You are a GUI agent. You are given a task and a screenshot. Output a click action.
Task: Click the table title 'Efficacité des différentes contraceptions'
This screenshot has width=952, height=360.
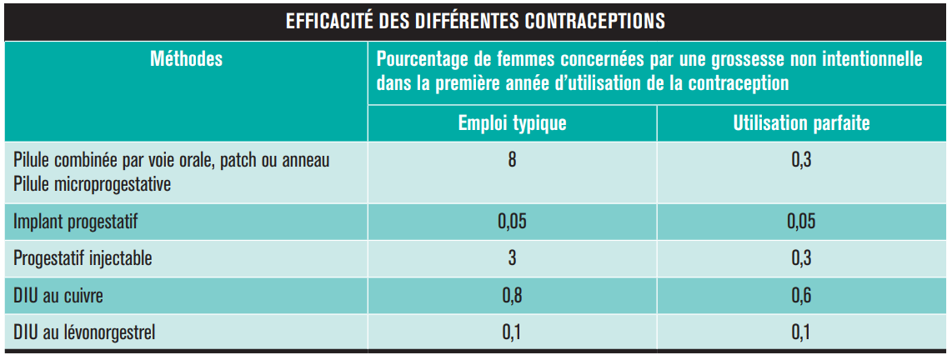pos(475,21)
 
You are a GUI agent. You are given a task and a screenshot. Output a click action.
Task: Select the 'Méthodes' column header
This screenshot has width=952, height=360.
pos(186,60)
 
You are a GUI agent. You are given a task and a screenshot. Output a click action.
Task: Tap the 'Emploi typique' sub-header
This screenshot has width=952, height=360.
pos(512,124)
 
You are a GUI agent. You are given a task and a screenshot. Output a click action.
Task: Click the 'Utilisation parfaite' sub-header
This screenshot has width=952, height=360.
pos(801,124)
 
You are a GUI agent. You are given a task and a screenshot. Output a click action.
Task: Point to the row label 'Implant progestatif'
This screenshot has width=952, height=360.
pos(75,222)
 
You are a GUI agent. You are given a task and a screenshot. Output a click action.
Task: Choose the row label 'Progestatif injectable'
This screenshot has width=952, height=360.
pos(83,258)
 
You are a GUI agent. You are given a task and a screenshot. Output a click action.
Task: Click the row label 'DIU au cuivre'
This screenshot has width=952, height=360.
pos(58,295)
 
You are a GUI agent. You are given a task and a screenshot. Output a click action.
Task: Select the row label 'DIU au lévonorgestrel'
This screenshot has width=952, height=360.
pos(84,332)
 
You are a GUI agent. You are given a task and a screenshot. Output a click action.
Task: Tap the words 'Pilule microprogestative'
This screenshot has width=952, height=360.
pos(93,184)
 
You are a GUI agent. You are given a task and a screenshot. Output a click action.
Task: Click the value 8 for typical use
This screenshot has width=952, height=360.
pos(512,159)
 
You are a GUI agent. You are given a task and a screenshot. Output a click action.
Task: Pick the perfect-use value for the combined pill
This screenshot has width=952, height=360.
pos(801,159)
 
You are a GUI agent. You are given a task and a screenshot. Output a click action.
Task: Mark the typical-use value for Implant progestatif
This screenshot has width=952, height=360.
pos(512,222)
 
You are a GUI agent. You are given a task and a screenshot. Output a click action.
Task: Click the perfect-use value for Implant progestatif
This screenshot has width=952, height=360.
pos(801,222)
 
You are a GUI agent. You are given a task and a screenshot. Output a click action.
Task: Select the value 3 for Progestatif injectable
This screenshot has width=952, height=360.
pos(512,258)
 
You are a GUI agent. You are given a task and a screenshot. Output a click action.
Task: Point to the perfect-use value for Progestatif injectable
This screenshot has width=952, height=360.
pos(801,258)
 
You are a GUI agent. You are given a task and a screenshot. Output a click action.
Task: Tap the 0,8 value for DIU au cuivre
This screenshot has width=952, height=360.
pos(512,295)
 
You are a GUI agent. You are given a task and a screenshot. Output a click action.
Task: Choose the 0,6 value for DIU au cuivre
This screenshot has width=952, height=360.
pos(801,295)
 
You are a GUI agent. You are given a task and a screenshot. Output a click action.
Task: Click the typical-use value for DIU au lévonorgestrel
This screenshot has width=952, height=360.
pos(512,332)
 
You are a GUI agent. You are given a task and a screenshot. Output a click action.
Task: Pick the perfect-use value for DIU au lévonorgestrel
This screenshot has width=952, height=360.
pos(801,332)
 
